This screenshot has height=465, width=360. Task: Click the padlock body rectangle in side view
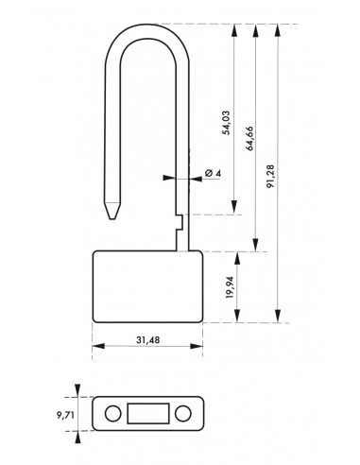tap(146, 286)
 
